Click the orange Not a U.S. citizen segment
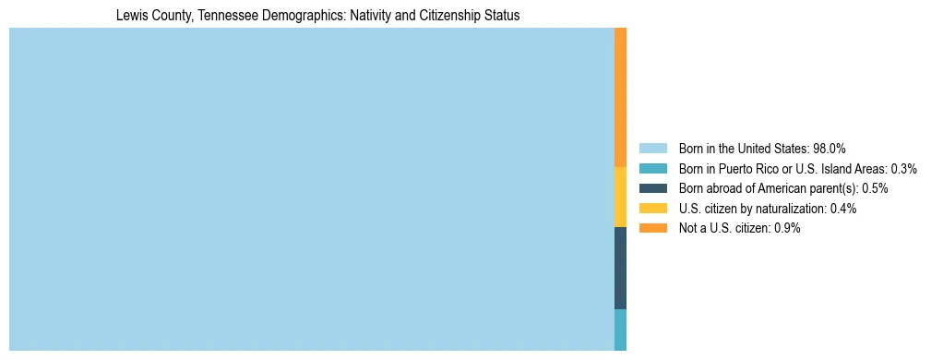click(x=620, y=97)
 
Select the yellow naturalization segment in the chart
click(x=620, y=197)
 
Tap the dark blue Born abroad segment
click(x=620, y=268)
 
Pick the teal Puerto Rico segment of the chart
click(x=620, y=330)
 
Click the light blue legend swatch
click(x=652, y=149)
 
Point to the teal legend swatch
click(x=652, y=169)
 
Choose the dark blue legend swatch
click(x=652, y=188)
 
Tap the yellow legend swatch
click(x=652, y=209)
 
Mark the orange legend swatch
click(x=652, y=228)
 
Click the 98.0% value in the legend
click(x=829, y=149)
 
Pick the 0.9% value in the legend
click(x=787, y=228)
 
